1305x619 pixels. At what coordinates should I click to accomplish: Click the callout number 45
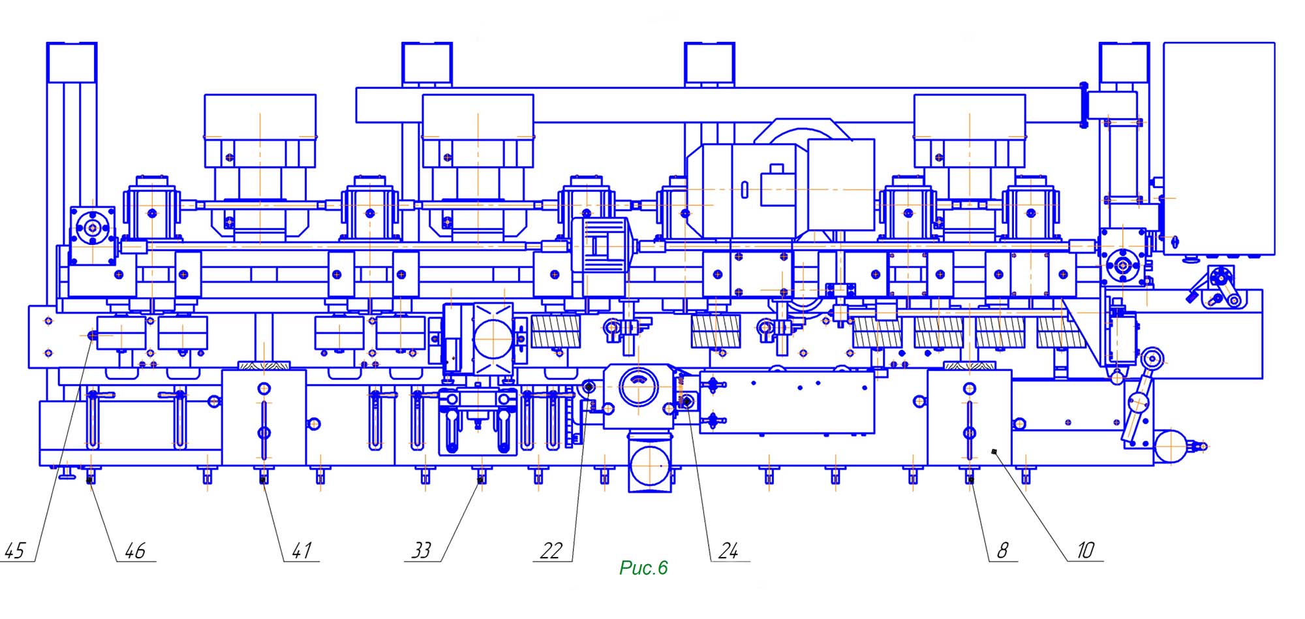click(x=14, y=550)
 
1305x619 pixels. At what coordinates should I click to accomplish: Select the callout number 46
click(x=135, y=550)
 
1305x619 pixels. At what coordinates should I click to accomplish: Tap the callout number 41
click(x=301, y=550)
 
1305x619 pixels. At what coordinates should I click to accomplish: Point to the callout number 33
click(x=422, y=550)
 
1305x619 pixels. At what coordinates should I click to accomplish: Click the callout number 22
click(x=551, y=550)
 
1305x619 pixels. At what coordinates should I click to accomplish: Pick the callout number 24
click(x=728, y=550)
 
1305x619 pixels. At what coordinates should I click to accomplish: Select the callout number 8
click(x=1003, y=550)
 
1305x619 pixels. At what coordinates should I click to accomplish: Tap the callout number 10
click(x=1085, y=550)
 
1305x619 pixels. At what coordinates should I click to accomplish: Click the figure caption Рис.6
click(x=643, y=568)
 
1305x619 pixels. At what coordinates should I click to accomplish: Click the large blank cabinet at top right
click(x=1219, y=149)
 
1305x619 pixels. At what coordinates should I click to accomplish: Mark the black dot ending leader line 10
click(x=993, y=452)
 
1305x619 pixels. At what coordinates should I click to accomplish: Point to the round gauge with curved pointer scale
click(x=637, y=388)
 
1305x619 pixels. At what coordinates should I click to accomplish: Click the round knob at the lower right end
click(x=1173, y=446)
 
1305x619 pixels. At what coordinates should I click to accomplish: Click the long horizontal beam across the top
click(x=718, y=105)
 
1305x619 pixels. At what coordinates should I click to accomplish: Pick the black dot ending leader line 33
click(x=481, y=480)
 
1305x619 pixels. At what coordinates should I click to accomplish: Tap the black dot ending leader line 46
click(x=89, y=481)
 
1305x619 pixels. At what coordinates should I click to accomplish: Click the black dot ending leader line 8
click(x=971, y=480)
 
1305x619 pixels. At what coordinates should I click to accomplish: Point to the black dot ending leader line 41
click(x=264, y=480)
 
